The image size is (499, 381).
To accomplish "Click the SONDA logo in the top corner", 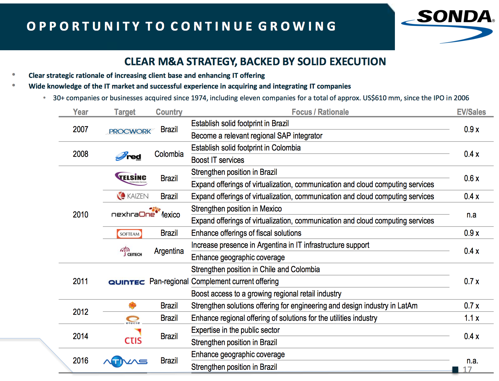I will pos(448,24).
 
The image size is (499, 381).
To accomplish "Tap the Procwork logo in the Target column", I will pos(130,131).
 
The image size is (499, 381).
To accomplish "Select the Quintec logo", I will pos(126,282).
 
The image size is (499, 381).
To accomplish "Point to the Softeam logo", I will pos(129,234).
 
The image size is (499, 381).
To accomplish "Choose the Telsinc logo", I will pos(131,178).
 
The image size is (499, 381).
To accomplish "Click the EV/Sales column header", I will pos(471,112).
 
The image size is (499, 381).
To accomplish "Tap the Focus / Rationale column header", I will pos(320,112).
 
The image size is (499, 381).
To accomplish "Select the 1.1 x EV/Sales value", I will pos(471,318).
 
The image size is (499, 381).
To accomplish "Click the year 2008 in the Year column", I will pos(80,154).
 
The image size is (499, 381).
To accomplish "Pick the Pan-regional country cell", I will pos(169,281).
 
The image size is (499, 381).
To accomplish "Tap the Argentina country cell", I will pos(169,251).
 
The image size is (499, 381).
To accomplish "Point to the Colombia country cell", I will pos(169,154).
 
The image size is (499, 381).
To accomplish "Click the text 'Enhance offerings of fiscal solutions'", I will pos(246,233).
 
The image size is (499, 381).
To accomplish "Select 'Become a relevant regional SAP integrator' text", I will pos(257,136).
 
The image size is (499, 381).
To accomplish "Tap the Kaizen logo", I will pos(133,196).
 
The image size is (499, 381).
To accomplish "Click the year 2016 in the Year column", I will pos(80,361).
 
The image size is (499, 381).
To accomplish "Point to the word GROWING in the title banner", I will pos(297,26).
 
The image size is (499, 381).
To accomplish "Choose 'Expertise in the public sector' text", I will pos(235,330).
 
